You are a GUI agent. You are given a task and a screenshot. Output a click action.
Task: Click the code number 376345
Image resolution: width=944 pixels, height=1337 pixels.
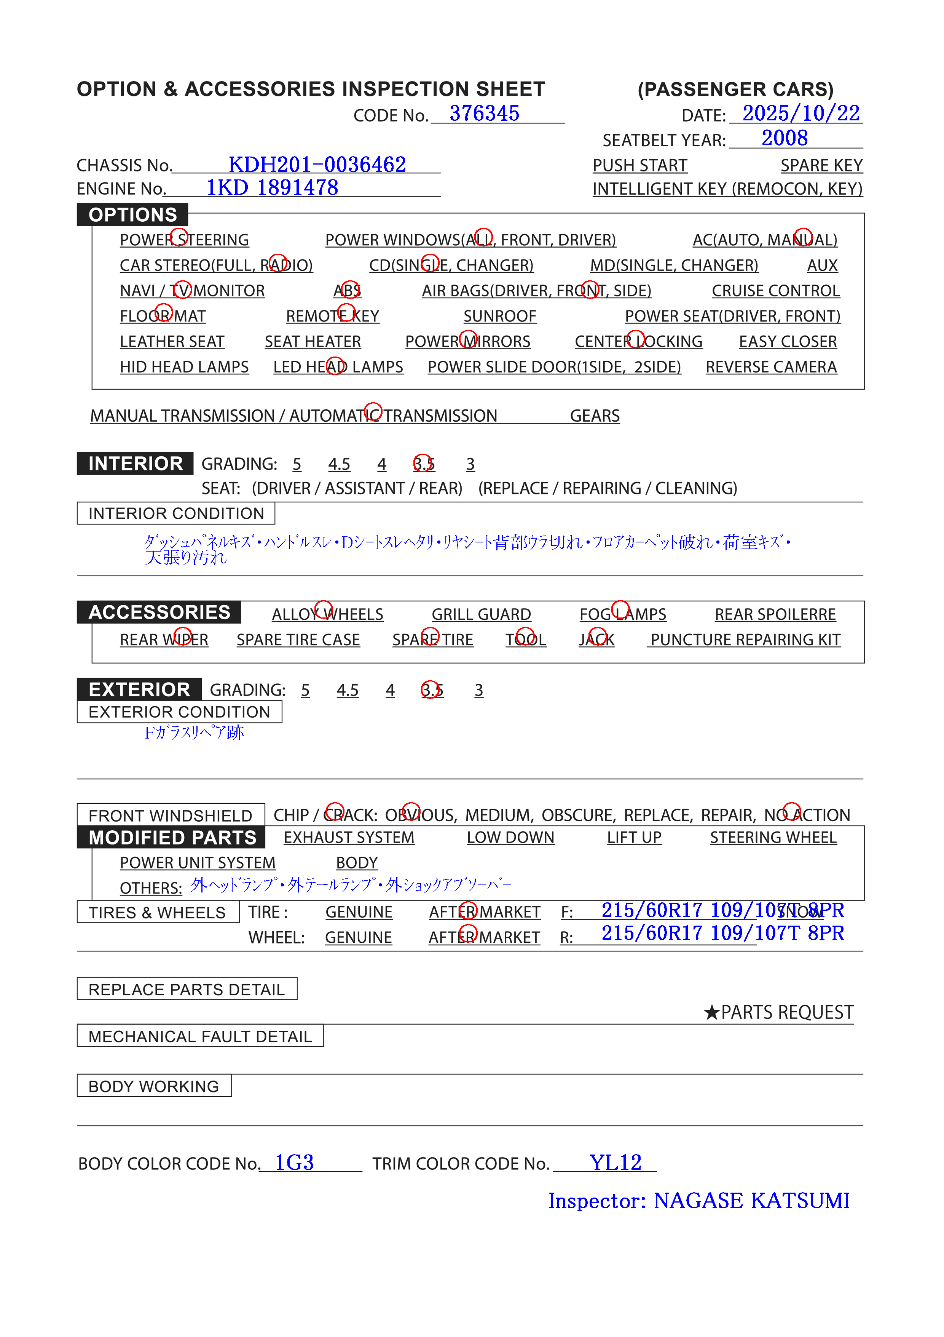pyautogui.click(x=484, y=114)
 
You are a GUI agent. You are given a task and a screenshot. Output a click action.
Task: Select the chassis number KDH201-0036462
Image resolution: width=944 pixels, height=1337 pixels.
pyautogui.click(x=317, y=165)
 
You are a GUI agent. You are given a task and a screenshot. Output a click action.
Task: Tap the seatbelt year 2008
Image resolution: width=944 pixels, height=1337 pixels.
pyautogui.click(x=784, y=138)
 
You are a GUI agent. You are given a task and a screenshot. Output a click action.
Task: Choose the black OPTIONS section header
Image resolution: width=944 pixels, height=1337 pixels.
pyautogui.click(x=133, y=215)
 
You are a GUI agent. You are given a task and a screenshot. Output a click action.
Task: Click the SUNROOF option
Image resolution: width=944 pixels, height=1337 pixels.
pyautogui.click(x=499, y=316)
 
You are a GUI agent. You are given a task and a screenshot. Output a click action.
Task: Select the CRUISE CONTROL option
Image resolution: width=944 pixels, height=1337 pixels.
pyautogui.click(x=775, y=291)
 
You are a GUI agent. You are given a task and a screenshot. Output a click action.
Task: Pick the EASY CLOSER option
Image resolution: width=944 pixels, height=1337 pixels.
pyautogui.click(x=788, y=342)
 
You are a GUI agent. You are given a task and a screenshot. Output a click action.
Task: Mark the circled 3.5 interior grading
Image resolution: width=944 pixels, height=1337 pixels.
pyautogui.click(x=423, y=464)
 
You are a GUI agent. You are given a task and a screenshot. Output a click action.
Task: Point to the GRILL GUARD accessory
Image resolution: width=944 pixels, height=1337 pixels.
pyautogui.click(x=481, y=614)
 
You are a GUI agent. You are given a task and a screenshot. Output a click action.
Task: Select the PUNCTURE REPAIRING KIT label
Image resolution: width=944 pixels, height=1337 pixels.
pyautogui.click(x=745, y=640)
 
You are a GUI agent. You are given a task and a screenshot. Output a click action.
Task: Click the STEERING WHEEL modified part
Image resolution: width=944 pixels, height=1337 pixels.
pyautogui.click(x=772, y=837)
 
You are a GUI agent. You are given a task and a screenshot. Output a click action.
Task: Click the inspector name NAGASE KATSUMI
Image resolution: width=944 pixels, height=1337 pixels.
pyautogui.click(x=751, y=1201)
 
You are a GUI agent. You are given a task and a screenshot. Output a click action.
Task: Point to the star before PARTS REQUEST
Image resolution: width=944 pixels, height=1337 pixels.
pyautogui.click(x=711, y=1012)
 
